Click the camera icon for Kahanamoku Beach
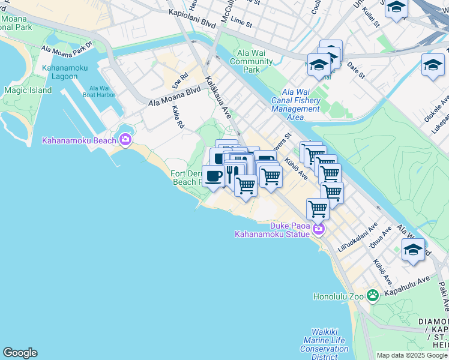pos(125,140)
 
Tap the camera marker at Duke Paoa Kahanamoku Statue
pos(319,229)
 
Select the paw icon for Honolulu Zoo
pos(373,295)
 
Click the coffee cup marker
pos(213,176)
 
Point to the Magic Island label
pos(28,91)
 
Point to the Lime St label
pos(241,21)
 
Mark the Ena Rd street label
pos(180,80)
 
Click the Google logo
pos(20,353)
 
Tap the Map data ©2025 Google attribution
pos(412,355)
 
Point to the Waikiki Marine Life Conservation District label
pos(324,344)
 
